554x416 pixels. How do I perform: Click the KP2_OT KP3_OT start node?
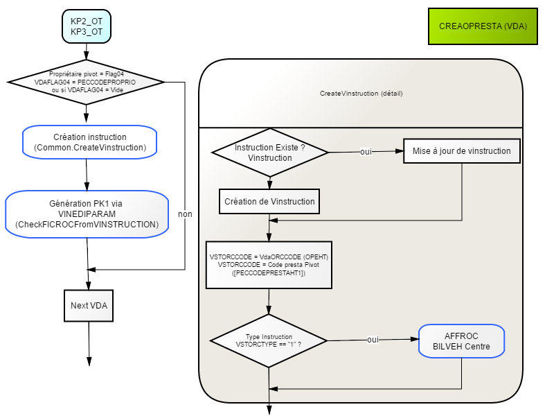pos(87,26)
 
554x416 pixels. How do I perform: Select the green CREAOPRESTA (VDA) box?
pos(483,26)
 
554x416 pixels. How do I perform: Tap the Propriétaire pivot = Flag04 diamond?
pos(86,82)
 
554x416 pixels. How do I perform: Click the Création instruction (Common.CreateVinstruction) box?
pos(90,142)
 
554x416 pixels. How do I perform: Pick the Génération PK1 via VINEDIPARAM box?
pos(87,214)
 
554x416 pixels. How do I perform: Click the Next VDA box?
pos(89,306)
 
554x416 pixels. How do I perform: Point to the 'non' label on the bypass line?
pos(185,214)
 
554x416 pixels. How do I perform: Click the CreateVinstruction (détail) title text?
pos(361,94)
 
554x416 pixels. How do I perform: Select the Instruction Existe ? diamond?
pos(270,153)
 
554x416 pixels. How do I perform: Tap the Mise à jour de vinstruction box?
pos(462,151)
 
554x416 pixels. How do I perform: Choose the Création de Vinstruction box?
pos(269,202)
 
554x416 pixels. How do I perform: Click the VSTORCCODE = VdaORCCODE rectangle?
pos(269,265)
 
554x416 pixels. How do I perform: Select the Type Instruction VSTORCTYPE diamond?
pos(269,340)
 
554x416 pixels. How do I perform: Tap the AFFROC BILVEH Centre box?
pos(461,341)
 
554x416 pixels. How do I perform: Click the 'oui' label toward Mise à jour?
pos(366,152)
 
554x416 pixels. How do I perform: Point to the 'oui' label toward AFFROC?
pos(373,340)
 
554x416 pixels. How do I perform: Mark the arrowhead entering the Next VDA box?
pos(89,286)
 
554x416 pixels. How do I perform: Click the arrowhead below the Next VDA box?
pos(89,361)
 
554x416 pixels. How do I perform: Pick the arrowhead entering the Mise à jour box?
pos(400,151)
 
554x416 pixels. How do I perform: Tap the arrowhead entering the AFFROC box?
pos(414,339)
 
